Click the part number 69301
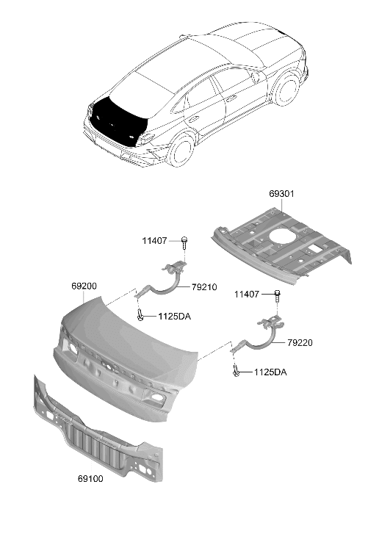pos(281,194)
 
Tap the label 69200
pos(84,286)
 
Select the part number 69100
pos(90,478)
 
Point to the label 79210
pos(204,287)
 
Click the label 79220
pos(300,342)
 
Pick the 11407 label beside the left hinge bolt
pos(154,241)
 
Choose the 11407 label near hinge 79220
pos(247,295)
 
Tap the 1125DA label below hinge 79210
pos(174,317)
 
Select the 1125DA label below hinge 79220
pos(270,372)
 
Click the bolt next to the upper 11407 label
pos(184,242)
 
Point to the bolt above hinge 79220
pos(277,297)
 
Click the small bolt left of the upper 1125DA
pos(140,314)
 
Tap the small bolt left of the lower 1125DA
pos(236,370)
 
